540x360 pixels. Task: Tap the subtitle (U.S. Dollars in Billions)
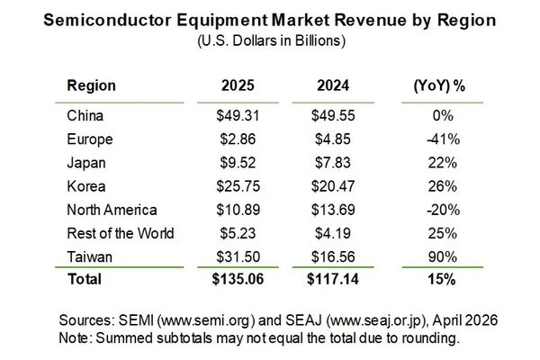pos(270,40)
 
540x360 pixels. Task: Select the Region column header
pos(91,86)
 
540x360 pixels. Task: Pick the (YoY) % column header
pos(442,86)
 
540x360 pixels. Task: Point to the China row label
pos(85,115)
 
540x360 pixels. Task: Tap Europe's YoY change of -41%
pos(442,139)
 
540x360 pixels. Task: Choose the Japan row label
pos(86,162)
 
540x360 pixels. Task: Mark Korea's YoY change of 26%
pos(442,186)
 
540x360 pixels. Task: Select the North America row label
pos(112,210)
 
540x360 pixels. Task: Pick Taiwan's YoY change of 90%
pos(442,256)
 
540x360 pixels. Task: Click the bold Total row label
pos(85,280)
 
